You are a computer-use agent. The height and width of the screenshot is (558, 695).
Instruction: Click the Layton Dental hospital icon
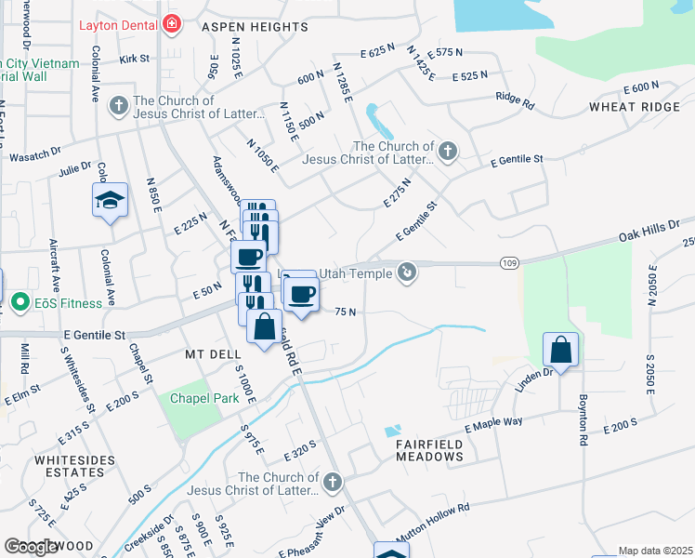170,24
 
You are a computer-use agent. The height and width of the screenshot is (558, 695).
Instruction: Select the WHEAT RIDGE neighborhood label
634,107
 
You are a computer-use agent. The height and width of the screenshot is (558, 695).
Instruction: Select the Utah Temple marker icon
406,272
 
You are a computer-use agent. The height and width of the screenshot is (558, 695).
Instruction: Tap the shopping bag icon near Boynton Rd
561,350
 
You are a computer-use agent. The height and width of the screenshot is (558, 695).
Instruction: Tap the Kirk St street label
135,58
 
